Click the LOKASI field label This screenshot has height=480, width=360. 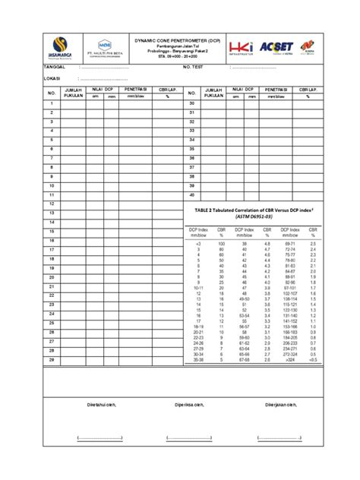pyautogui.click(x=52, y=78)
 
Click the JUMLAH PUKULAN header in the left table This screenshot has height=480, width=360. pyautogui.click(x=73, y=93)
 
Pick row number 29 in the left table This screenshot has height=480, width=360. pyautogui.click(x=52, y=361)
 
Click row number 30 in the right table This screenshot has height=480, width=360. pyautogui.click(x=192, y=103)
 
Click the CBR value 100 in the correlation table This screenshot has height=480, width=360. pyautogui.click(x=221, y=242)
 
